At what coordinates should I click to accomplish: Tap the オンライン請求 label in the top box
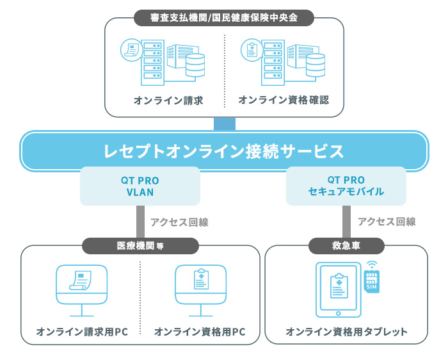(x=168, y=100)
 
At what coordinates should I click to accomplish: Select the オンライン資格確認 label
(x=283, y=100)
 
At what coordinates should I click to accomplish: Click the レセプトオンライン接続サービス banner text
(x=224, y=151)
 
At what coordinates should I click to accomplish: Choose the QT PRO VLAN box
(x=140, y=186)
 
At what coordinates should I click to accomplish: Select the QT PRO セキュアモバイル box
(x=346, y=186)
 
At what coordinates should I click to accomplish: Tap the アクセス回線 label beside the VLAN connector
(x=179, y=222)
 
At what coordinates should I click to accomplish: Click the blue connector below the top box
(x=225, y=124)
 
